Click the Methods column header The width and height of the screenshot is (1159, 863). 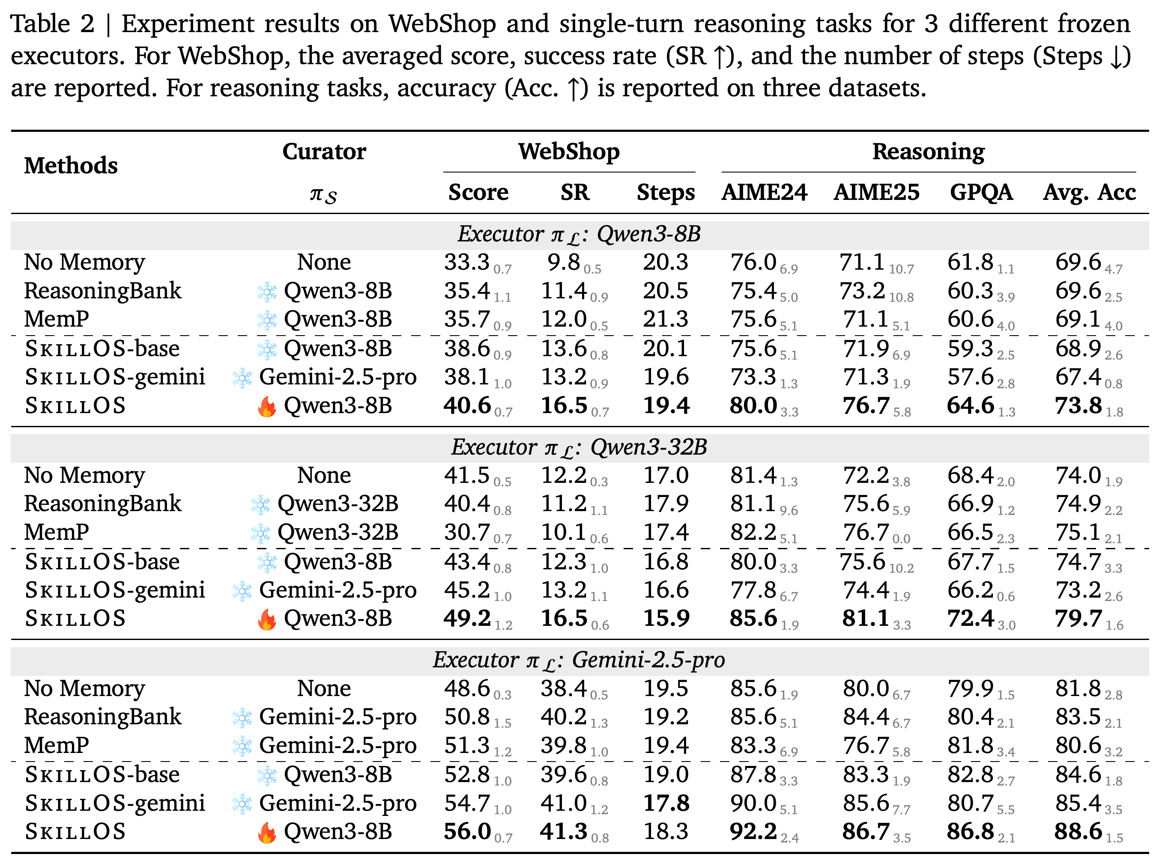point(71,166)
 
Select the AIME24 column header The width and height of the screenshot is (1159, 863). point(765,192)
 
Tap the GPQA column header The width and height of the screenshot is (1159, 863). point(981,192)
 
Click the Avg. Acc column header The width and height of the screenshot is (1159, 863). point(1090,193)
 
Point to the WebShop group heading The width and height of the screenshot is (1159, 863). point(569,152)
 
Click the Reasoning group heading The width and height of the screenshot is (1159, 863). point(929,152)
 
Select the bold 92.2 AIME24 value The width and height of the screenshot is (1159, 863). point(754,831)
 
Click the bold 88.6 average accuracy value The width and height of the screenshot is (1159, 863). point(1078,831)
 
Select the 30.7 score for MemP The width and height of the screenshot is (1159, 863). point(466,533)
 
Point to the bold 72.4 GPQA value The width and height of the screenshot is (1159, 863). point(971,619)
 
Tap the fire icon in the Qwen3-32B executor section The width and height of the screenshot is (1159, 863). point(267,619)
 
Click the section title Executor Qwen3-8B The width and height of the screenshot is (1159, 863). point(579,235)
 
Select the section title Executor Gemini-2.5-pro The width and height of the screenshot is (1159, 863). point(579,661)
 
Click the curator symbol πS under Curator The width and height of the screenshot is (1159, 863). point(323,195)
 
